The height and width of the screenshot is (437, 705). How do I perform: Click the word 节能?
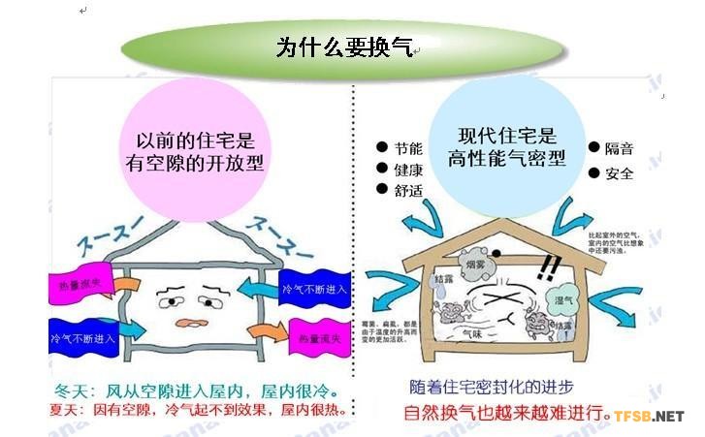click(408, 149)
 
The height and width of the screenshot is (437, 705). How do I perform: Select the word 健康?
click(408, 170)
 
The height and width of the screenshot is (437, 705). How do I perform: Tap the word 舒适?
click(408, 191)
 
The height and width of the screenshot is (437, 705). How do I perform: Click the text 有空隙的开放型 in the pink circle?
click(195, 160)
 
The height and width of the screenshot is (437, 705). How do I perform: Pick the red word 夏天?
click(64, 411)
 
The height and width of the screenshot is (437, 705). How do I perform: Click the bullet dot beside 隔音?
click(594, 148)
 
